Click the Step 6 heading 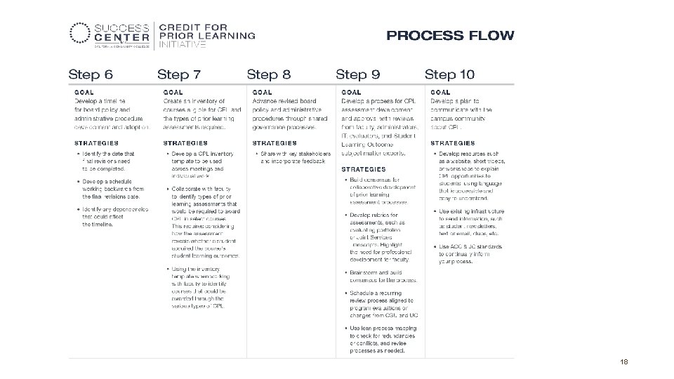pos(91,74)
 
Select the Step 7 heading pos(179,74)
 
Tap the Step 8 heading pos(269,74)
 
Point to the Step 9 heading pos(358,74)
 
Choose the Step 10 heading pos(450,74)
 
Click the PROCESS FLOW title pos(450,34)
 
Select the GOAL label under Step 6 pos(84,92)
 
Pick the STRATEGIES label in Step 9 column pos(364,169)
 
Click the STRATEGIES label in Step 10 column pos(453,143)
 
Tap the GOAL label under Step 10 pos(440,92)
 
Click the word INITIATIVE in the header pos(183,44)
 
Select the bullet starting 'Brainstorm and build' pos(383,276)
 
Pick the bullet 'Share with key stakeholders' pos(295,157)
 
